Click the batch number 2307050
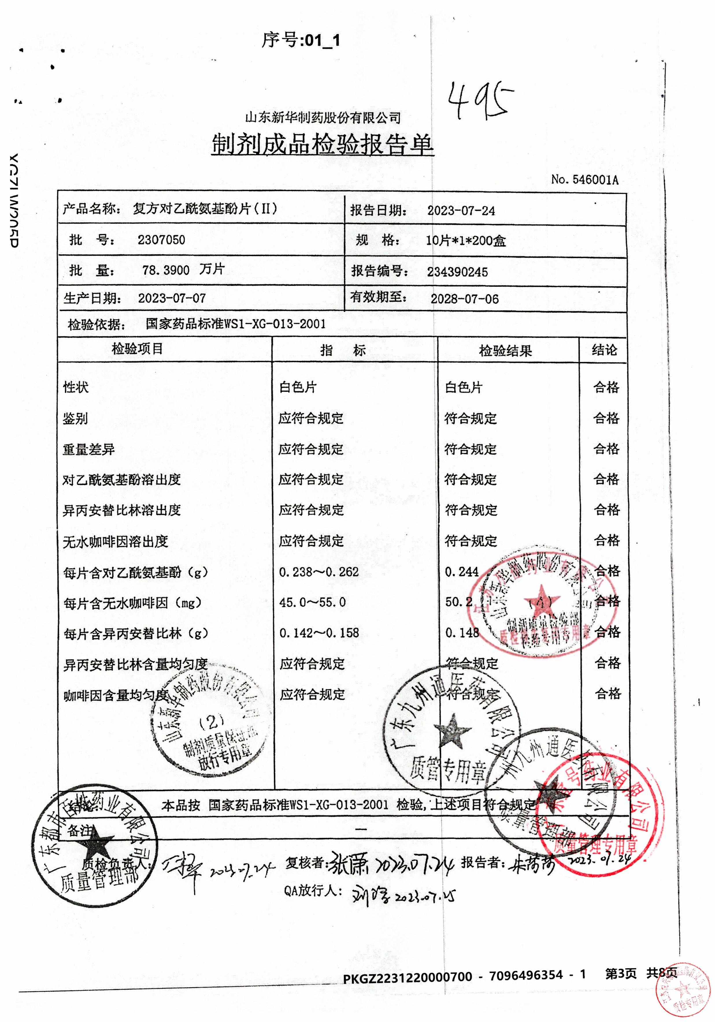coord(161,240)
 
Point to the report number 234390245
coord(457,272)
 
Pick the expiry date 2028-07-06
coord(464,299)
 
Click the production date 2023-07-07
coord(172,298)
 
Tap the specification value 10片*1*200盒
coord(465,241)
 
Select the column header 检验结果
coord(505,351)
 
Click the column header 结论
coord(604,350)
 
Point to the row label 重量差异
coord(89,449)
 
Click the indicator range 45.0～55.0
coord(312,602)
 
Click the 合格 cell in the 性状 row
coord(606,387)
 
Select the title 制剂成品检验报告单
coord(322,145)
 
